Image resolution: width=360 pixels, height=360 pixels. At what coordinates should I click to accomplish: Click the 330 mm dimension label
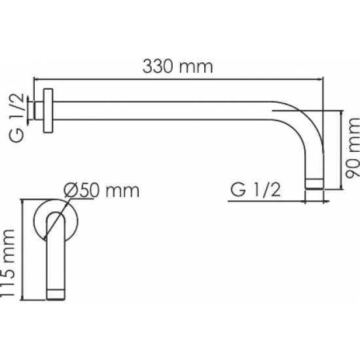pyautogui.click(x=177, y=67)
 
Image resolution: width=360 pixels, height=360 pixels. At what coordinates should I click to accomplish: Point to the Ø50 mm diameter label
pyautogui.click(x=101, y=190)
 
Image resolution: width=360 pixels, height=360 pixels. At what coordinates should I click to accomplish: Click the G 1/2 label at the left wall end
pyautogui.click(x=16, y=118)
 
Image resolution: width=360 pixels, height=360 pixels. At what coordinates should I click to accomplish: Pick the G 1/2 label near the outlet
pyautogui.click(x=255, y=190)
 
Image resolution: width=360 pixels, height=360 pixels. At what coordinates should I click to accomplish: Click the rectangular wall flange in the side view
pyautogui.click(x=48, y=111)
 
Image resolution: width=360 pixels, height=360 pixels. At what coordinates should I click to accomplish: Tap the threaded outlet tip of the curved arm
pyautogui.click(x=315, y=184)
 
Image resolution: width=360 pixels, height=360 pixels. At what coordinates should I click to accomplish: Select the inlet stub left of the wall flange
pyautogui.click(x=39, y=111)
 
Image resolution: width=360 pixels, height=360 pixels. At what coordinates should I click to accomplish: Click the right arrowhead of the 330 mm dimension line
pyautogui.click(x=320, y=79)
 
